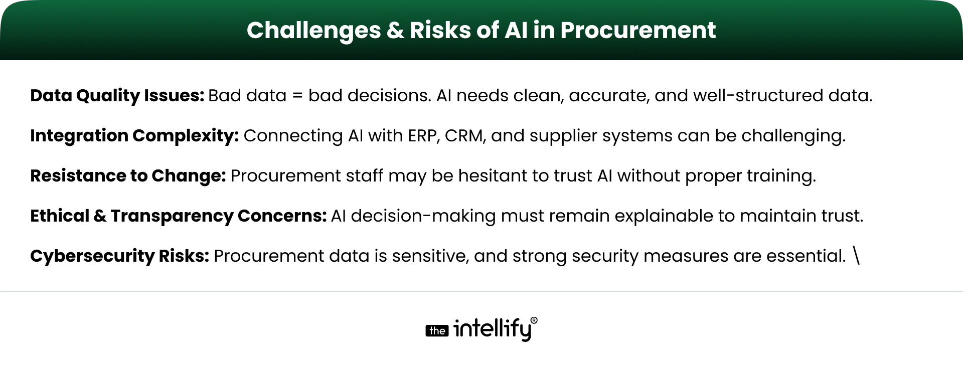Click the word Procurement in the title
(638, 30)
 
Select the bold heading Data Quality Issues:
(117, 96)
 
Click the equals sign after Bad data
(297, 96)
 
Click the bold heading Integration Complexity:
(134, 136)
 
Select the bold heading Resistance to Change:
(128, 176)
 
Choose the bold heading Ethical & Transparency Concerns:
(178, 216)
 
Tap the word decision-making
(424, 216)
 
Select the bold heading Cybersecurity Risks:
(119, 256)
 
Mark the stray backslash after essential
(856, 256)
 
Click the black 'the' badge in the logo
(437, 331)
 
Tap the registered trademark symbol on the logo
(534, 320)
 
